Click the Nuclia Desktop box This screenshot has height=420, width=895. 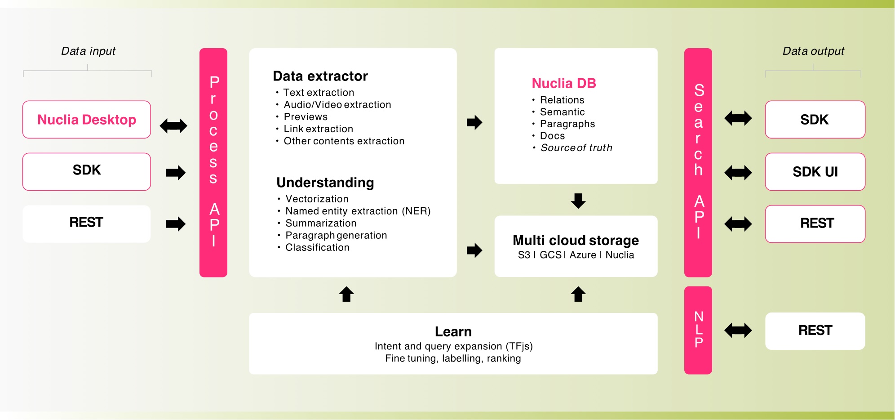coord(87,120)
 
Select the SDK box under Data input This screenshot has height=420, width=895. coord(87,171)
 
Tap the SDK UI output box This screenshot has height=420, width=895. coord(815,172)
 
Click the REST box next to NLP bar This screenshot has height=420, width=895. coord(815,331)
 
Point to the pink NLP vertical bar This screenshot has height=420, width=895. coord(698,330)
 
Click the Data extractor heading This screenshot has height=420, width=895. coord(320,76)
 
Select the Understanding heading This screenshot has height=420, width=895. coord(325,183)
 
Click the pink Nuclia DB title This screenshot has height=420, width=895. coord(564,83)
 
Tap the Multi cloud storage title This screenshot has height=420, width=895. coord(576,241)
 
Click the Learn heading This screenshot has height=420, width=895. coord(453,332)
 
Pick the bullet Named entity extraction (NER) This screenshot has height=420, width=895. coord(358,211)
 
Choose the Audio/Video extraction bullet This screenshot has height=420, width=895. coord(337,105)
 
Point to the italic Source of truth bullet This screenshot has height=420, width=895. coord(576,148)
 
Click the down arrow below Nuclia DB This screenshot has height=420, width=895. coord(578,201)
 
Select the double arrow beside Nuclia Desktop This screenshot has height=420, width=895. coord(173,125)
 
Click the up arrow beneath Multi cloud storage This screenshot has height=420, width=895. coord(578,294)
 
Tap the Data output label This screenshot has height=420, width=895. coord(813,51)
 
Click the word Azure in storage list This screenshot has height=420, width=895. coord(583,255)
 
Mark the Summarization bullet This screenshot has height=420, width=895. coord(321,223)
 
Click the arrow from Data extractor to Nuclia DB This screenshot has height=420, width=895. coord(474,122)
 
